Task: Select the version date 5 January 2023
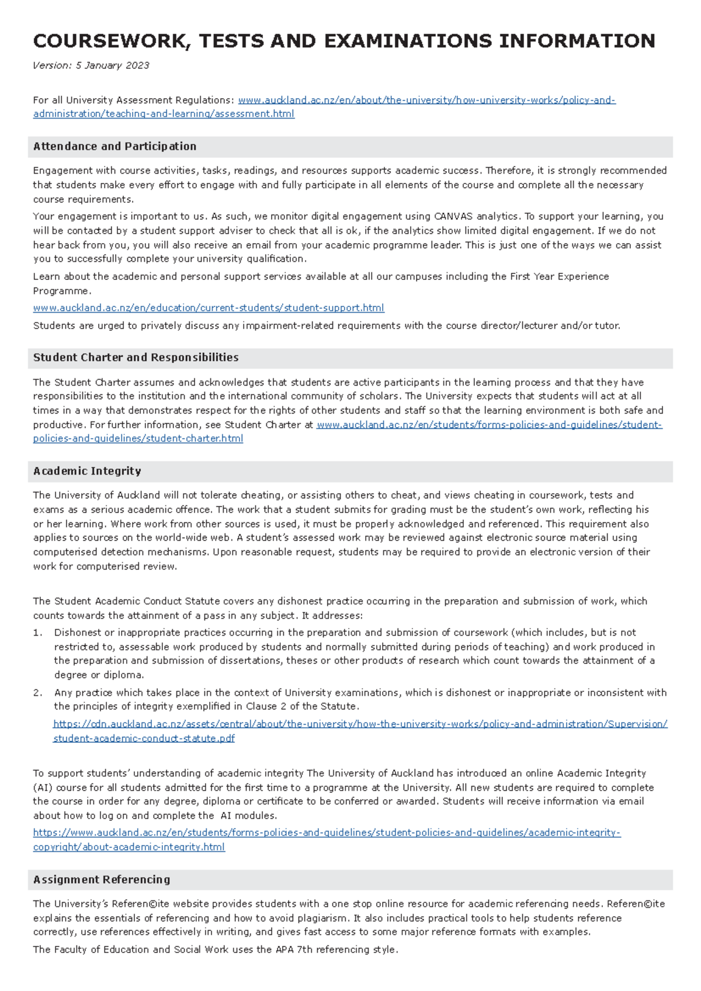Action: click(x=112, y=65)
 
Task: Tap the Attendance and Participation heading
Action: click(x=114, y=147)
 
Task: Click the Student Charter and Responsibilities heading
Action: click(x=136, y=358)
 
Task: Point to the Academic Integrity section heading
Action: click(x=87, y=471)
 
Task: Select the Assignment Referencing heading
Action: click(x=102, y=879)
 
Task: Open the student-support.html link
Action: click(x=209, y=308)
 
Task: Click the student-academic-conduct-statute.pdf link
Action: click(x=144, y=739)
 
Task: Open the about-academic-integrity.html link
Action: click(x=129, y=847)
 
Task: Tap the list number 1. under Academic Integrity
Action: click(x=37, y=633)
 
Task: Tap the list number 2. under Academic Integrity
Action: click(x=37, y=693)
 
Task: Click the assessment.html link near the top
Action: click(x=164, y=114)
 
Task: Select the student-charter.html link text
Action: click(x=138, y=439)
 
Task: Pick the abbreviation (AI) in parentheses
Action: click(x=43, y=788)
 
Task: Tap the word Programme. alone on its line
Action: click(x=61, y=291)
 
